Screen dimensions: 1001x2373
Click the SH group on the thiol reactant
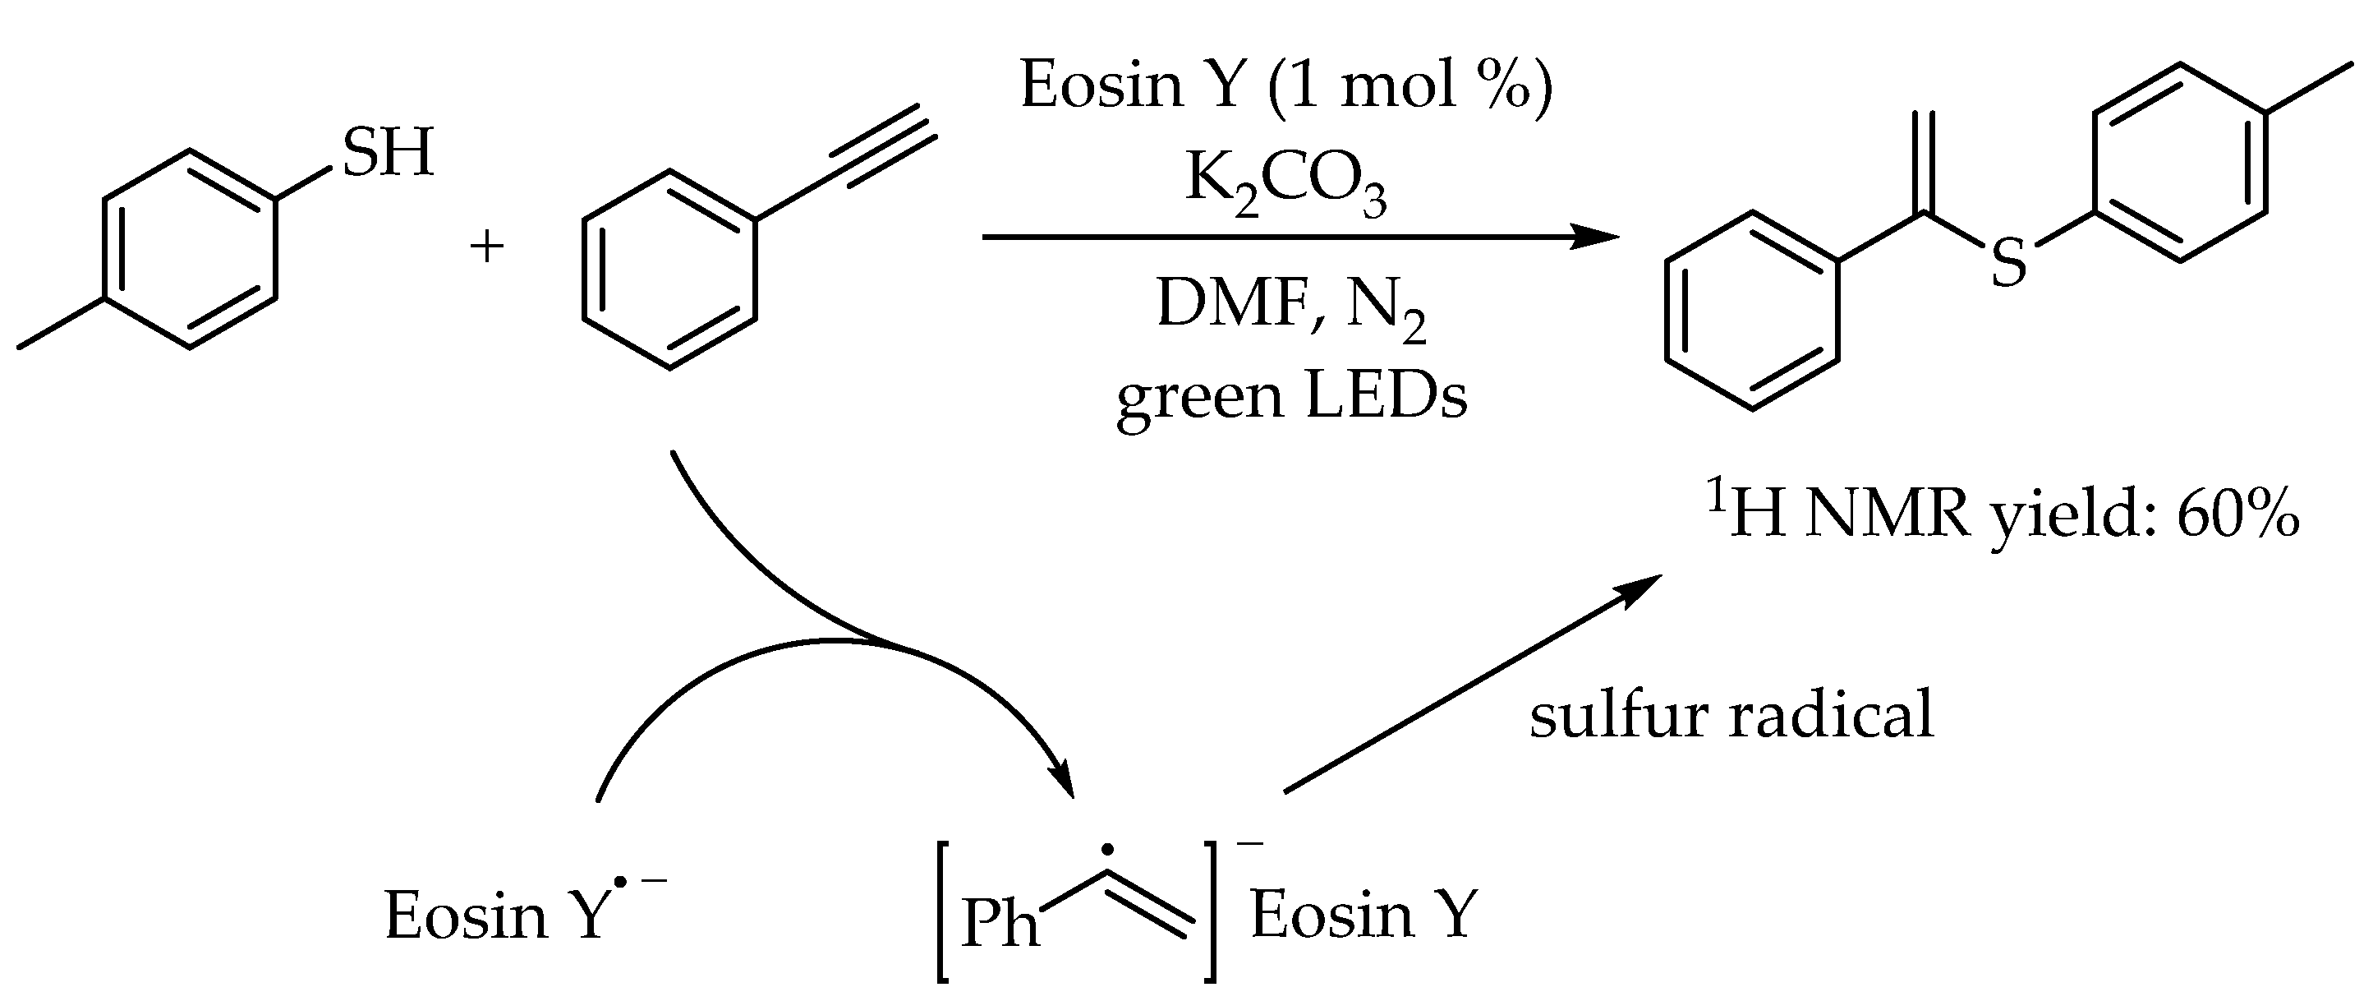pyautogui.click(x=388, y=153)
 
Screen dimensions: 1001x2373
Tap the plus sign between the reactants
pyautogui.click(x=486, y=247)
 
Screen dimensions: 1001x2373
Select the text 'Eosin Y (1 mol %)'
pyautogui.click(x=1287, y=85)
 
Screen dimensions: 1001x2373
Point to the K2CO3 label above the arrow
pyautogui.click(x=1285, y=182)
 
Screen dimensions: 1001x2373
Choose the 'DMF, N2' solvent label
pyautogui.click(x=1290, y=308)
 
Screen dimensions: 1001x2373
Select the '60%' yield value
pyautogui.click(x=2237, y=515)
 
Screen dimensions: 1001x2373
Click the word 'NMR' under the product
pyautogui.click(x=1888, y=515)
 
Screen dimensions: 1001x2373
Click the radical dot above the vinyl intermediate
pyautogui.click(x=1107, y=849)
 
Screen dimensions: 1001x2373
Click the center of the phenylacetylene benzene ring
pyautogui.click(x=669, y=269)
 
